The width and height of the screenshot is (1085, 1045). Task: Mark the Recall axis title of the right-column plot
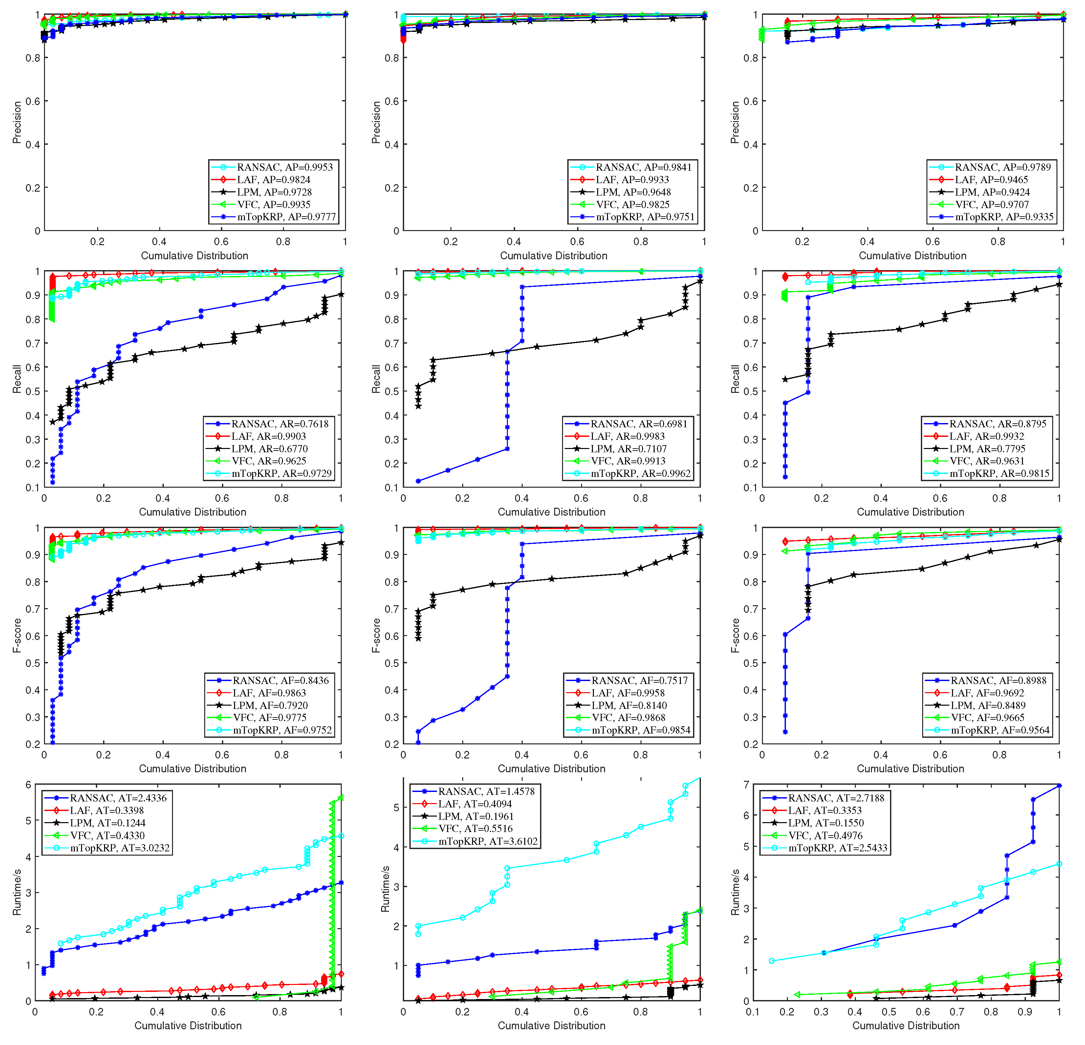(x=735, y=379)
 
